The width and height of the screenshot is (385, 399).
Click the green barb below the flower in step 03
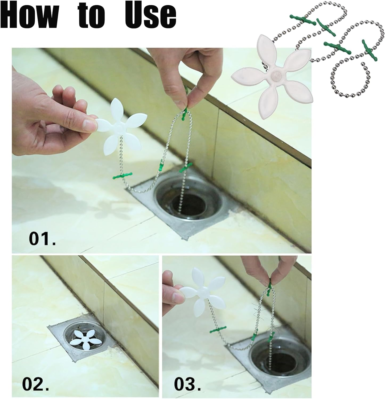[x=218, y=330]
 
